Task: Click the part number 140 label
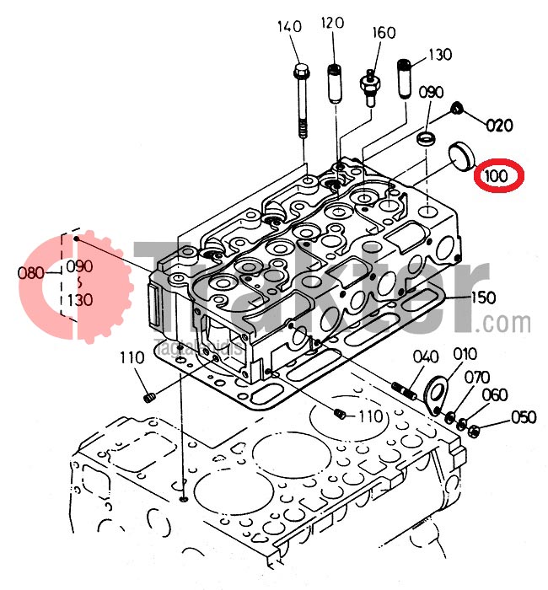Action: [x=289, y=28]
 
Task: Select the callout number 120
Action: [x=332, y=23]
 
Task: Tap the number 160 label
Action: [x=384, y=34]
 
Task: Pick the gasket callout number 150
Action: [x=484, y=297]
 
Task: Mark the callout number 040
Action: [x=426, y=356]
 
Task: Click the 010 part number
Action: [x=465, y=354]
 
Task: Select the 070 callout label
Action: [x=476, y=377]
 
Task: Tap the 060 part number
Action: [x=495, y=395]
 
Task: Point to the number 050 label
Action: [x=524, y=416]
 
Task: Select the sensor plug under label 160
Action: [x=369, y=84]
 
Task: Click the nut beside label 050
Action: [x=475, y=431]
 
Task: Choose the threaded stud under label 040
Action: [x=406, y=391]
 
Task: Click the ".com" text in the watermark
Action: [x=507, y=323]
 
